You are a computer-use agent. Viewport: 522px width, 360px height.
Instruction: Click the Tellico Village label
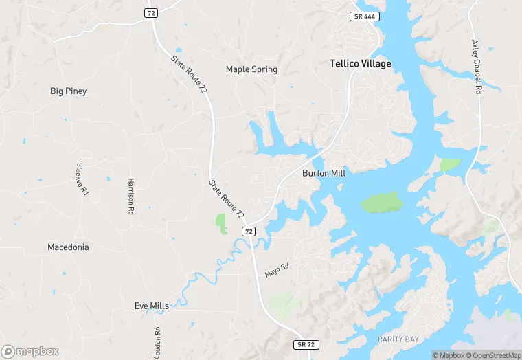(x=360, y=64)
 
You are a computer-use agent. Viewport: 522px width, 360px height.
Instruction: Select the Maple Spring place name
(x=251, y=69)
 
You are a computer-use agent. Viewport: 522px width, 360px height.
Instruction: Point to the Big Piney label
(x=69, y=91)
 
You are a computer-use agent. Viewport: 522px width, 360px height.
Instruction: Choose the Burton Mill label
(x=324, y=174)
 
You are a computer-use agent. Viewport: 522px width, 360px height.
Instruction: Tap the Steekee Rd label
(x=81, y=179)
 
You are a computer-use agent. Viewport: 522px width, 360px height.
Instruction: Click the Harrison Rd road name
(x=130, y=196)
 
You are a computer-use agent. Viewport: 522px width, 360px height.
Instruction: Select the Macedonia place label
(x=68, y=247)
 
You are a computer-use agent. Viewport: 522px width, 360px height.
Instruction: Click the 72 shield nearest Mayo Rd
(x=249, y=232)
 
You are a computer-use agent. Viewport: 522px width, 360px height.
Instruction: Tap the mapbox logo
(x=30, y=351)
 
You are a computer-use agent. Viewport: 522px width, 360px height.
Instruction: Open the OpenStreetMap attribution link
(x=492, y=355)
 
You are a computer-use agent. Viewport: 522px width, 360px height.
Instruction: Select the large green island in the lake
(x=382, y=202)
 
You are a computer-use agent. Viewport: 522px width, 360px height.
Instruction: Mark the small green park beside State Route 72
(x=221, y=223)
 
